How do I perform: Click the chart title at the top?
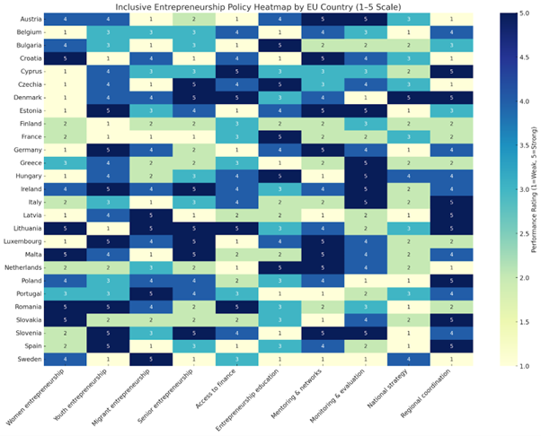click(243, 6)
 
